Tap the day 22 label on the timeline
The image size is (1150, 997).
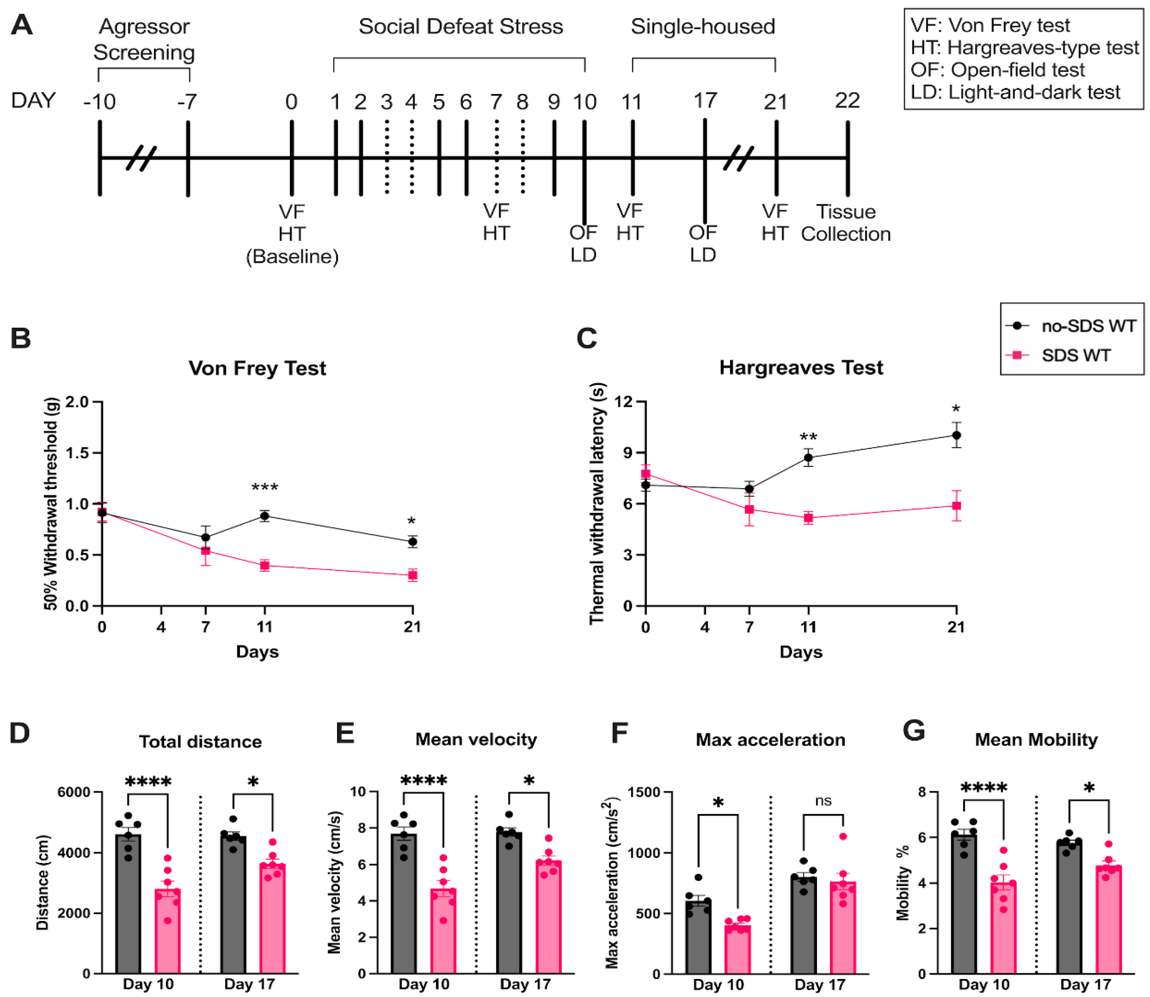(x=847, y=101)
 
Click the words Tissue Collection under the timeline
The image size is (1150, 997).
(x=845, y=223)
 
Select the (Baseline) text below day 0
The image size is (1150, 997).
(x=292, y=257)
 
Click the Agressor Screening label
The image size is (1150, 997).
(x=144, y=39)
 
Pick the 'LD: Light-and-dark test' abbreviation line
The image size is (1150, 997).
(x=1015, y=92)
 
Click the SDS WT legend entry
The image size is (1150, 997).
(x=1075, y=355)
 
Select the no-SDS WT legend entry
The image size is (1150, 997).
(x=1088, y=326)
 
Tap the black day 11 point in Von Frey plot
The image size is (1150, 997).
(x=265, y=516)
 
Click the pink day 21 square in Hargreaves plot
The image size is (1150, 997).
(x=956, y=506)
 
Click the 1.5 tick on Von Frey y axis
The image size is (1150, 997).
(x=77, y=453)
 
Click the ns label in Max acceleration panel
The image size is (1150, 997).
(x=823, y=800)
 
